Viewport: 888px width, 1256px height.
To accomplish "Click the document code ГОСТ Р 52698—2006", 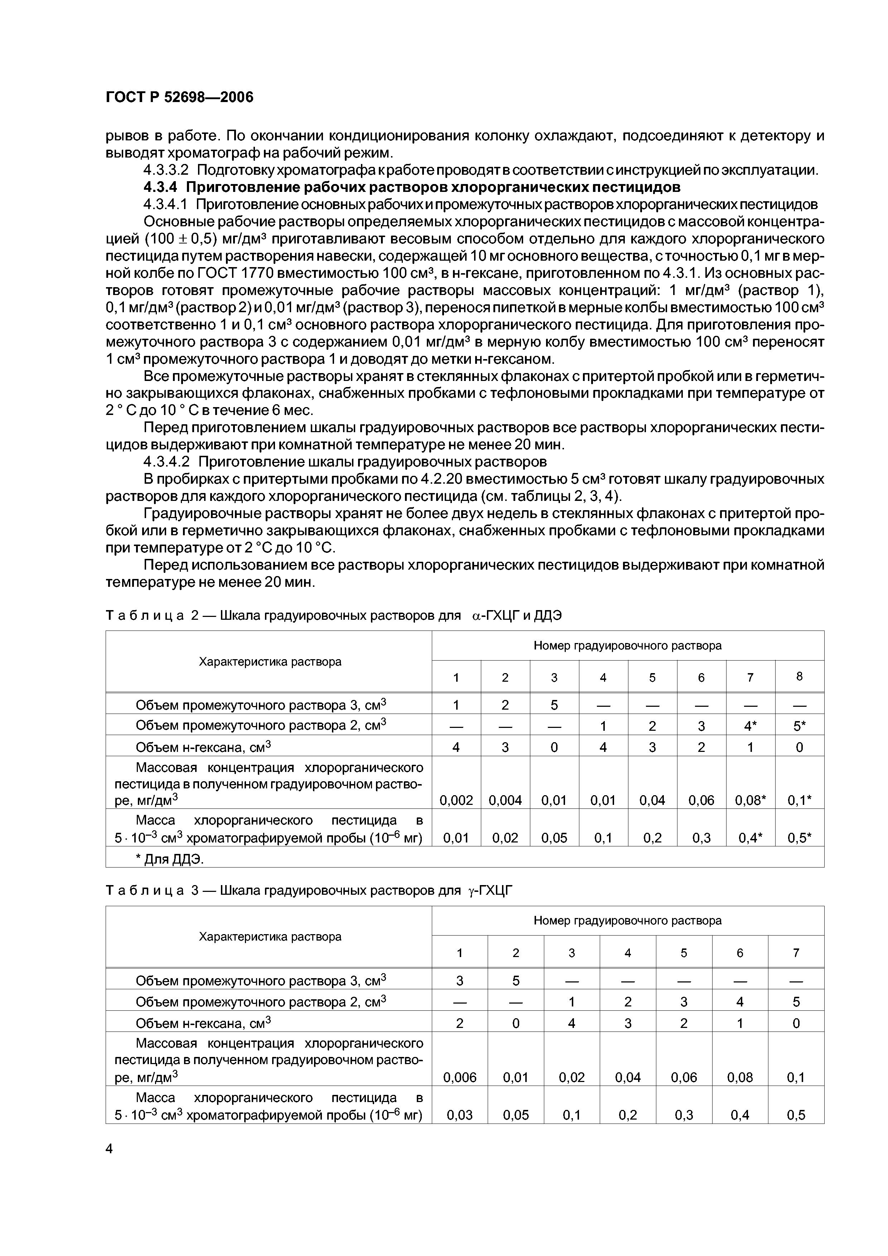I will click(179, 97).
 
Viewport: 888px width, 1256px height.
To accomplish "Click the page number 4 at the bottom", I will click(109, 1149).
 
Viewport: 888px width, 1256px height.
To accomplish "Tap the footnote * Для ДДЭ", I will click(170, 859).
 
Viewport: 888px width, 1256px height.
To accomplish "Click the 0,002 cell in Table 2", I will click(456, 800).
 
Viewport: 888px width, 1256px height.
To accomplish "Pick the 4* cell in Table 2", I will click(750, 726).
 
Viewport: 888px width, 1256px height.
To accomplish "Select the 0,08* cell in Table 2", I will click(750, 800).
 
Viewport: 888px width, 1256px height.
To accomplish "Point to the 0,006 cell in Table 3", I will click(460, 1077).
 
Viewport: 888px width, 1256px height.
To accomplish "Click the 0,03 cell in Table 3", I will click(460, 1115).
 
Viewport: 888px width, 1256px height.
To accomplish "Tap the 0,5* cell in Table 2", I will click(799, 837).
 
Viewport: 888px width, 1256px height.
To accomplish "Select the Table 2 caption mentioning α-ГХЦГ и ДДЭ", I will click(334, 615).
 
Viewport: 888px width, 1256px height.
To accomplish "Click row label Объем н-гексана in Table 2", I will click(203, 747).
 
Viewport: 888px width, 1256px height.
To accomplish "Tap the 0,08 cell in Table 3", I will click(740, 1077).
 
